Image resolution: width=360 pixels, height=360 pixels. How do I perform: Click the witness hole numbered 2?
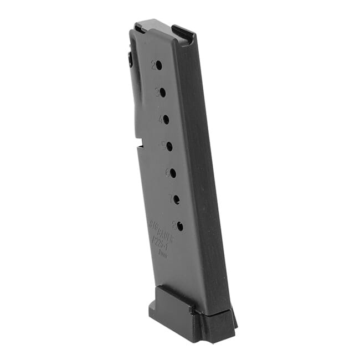click(158, 65)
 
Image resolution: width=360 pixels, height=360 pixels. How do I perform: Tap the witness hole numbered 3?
click(162, 92)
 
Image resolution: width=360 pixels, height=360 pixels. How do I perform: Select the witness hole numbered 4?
click(165, 119)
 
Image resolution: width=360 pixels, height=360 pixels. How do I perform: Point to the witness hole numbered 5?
click(169, 146)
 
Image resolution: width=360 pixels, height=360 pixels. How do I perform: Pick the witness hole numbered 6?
click(172, 173)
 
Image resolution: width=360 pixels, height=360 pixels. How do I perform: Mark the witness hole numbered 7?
click(176, 199)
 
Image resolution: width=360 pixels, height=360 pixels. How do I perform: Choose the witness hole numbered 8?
click(179, 226)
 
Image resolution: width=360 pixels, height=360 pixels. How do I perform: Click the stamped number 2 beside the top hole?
click(152, 64)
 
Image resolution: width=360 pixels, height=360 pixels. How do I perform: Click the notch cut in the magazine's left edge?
click(139, 146)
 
